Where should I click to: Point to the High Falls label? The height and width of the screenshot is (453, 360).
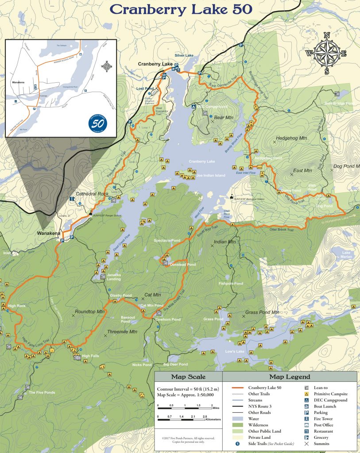click(91, 356)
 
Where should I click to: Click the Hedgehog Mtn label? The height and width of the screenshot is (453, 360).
click(291, 138)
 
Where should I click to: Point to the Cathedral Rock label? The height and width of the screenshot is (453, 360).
click(92, 194)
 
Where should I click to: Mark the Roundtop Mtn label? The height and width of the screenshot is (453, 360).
click(89, 311)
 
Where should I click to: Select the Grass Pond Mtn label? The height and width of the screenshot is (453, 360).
click(262, 312)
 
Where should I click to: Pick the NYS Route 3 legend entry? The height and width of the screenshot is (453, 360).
click(261, 406)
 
